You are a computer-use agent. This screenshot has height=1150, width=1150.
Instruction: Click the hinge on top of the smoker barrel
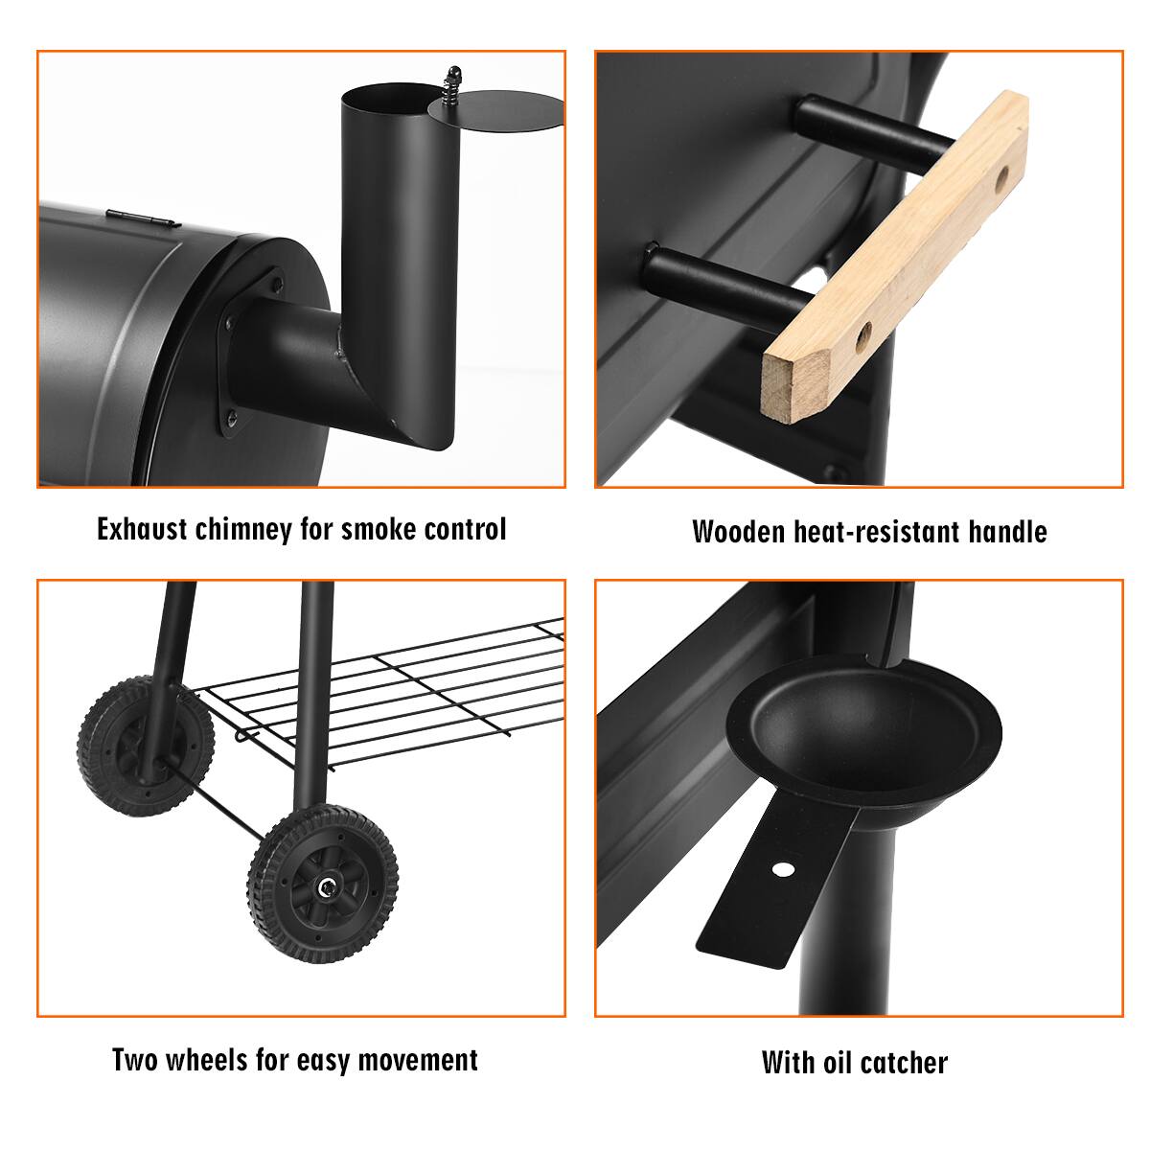coord(141,218)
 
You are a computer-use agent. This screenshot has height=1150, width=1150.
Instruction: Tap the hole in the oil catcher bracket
coord(784,869)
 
